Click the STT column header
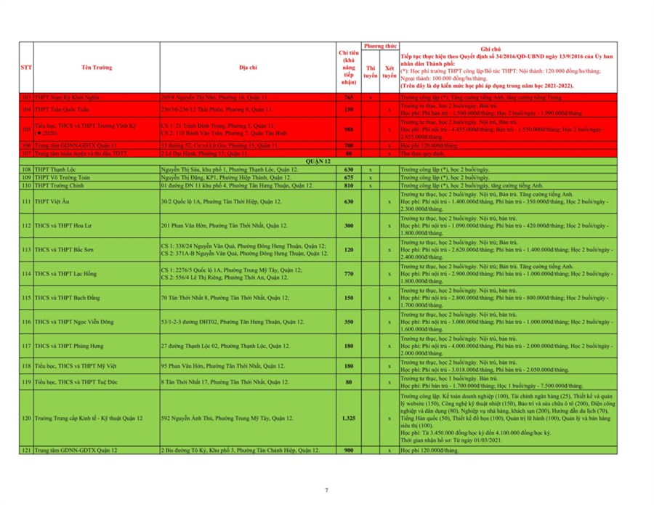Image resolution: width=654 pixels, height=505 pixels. point(26,68)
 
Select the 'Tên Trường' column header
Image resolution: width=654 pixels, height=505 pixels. point(97,68)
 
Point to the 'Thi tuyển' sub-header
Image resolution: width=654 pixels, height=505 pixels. point(371,71)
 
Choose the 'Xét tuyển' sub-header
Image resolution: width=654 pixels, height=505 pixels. point(389,71)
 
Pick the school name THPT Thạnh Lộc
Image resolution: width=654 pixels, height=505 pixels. point(57,169)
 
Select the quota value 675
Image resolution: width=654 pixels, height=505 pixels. point(348,177)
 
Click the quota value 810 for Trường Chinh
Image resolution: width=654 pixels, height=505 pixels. point(348,185)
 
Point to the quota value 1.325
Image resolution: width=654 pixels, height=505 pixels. point(348,419)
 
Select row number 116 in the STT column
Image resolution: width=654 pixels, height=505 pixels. point(26,321)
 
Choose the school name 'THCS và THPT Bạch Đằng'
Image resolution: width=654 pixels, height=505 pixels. point(71,297)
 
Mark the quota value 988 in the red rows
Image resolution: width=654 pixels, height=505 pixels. point(348,130)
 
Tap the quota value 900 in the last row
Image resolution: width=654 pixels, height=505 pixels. point(348,451)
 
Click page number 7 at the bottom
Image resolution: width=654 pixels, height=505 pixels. point(326,490)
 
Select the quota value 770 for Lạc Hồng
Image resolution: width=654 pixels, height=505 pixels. point(348,273)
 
